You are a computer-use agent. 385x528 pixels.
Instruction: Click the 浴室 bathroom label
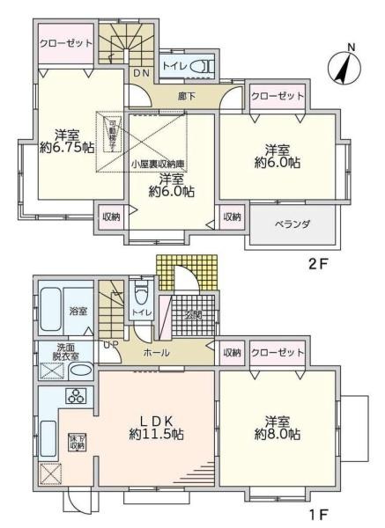(78, 311)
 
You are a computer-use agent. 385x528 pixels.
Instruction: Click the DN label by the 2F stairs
(141, 74)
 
